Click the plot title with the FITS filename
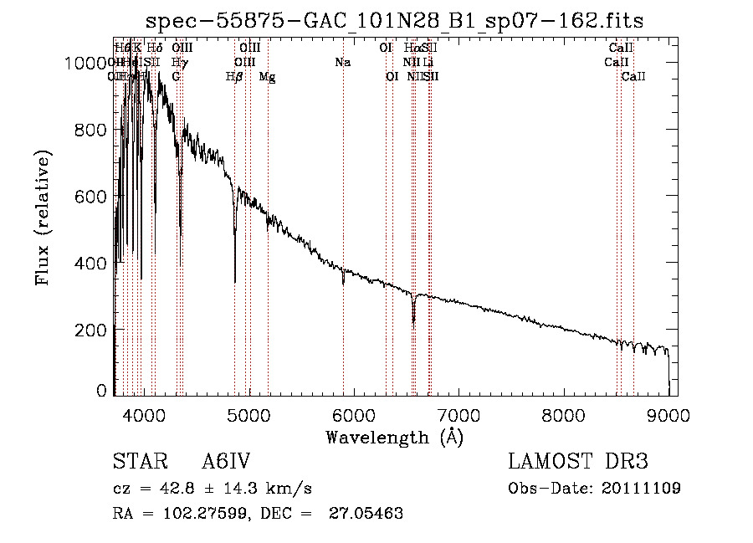point(394,20)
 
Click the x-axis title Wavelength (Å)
point(394,437)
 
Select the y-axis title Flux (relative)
point(44,218)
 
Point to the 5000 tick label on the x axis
point(248,413)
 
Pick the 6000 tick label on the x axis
point(353,413)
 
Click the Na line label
point(342,63)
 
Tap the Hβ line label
point(235,77)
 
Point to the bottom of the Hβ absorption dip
point(235,281)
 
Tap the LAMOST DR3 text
point(578,463)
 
